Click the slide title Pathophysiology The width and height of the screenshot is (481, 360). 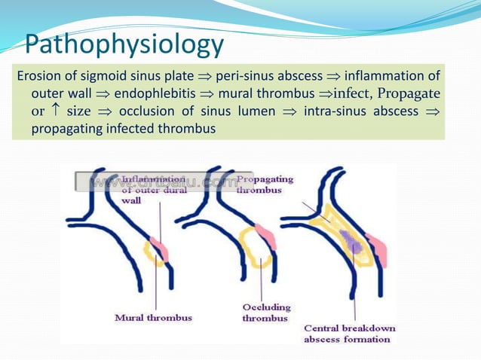click(x=125, y=44)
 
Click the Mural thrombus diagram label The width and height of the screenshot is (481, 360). click(x=153, y=318)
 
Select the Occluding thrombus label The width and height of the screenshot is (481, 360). click(x=265, y=313)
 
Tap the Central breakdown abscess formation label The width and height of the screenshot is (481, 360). click(x=348, y=334)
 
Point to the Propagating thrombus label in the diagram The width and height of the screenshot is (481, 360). click(x=265, y=185)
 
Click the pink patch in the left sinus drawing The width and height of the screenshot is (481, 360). click(x=159, y=248)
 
